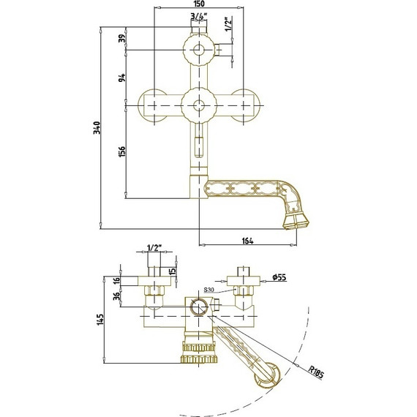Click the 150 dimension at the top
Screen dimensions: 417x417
(x=199, y=4)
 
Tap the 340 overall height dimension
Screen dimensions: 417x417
(x=97, y=127)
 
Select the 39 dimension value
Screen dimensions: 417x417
(x=122, y=39)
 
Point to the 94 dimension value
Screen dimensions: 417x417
(x=122, y=78)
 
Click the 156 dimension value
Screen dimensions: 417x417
(x=122, y=151)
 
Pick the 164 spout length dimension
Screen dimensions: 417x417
(x=248, y=241)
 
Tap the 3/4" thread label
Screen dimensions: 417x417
(x=199, y=17)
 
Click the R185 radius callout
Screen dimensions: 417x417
(x=316, y=372)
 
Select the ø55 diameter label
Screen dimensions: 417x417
(x=279, y=277)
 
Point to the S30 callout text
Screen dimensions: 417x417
(x=209, y=290)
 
